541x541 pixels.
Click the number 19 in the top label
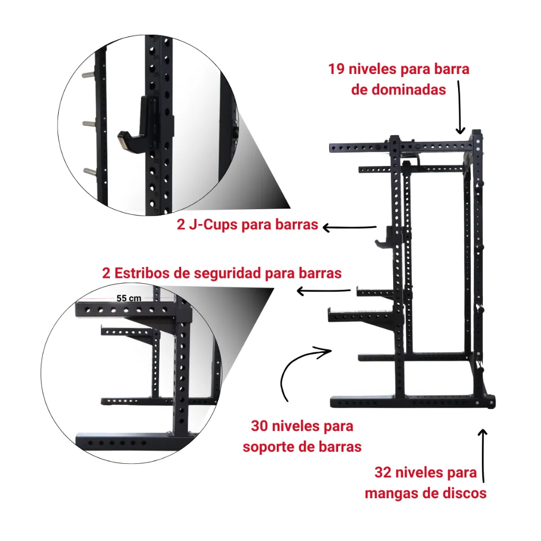click(x=338, y=69)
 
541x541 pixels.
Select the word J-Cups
click(x=213, y=225)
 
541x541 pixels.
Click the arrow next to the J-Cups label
click(x=349, y=227)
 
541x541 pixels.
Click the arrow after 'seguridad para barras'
click(x=323, y=291)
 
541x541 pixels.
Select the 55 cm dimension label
click(x=128, y=298)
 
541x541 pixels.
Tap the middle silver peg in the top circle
click(x=90, y=123)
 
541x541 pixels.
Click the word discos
click(x=464, y=494)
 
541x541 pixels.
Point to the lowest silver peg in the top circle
click(x=90, y=171)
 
